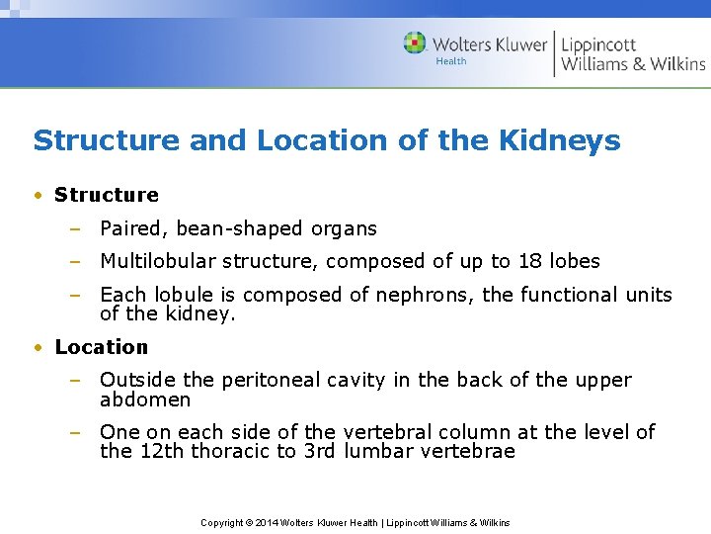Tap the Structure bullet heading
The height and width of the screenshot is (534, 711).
coord(107,195)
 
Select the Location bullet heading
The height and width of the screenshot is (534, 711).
coord(102,347)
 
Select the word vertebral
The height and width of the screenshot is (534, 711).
coord(390,432)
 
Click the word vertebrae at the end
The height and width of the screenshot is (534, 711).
coord(470,452)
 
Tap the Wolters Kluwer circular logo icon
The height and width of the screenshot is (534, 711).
coord(415,43)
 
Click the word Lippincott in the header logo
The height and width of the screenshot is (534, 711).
coord(598,44)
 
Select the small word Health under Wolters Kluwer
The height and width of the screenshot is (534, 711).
coord(451,61)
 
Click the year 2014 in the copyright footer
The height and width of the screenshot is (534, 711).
coord(266,522)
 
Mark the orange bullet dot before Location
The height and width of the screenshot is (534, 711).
coord(38,347)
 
